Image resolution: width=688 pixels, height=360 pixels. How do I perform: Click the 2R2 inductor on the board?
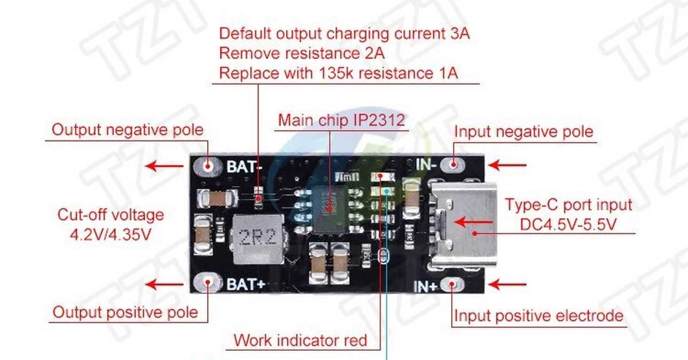click(x=253, y=235)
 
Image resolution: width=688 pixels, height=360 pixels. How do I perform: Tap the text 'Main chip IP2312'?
click(x=341, y=120)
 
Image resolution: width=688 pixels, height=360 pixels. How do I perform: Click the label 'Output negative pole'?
click(x=127, y=130)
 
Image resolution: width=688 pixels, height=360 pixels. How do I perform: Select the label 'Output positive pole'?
click(x=125, y=312)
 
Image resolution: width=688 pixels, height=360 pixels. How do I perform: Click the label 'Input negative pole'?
click(x=523, y=131)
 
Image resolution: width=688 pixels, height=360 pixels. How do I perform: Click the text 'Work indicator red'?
click(x=300, y=340)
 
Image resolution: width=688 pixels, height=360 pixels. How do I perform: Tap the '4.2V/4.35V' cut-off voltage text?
click(x=111, y=234)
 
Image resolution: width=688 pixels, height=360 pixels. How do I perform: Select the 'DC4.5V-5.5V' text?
click(x=568, y=225)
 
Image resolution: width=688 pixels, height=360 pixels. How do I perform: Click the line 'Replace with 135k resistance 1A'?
click(x=339, y=73)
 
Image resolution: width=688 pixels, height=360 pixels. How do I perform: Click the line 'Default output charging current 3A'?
click(x=345, y=34)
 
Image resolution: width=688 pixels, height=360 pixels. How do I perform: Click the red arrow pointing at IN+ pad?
click(x=507, y=284)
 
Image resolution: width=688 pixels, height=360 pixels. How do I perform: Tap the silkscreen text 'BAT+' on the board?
click(x=245, y=283)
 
